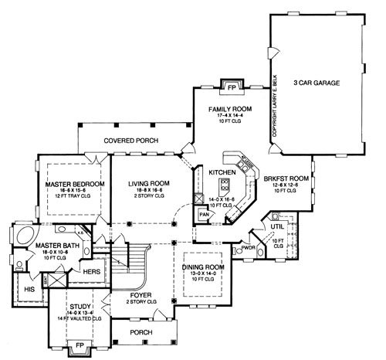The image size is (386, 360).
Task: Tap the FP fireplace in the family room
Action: [229, 85]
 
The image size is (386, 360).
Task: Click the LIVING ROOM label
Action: [148, 183]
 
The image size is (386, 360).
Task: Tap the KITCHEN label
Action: [222, 172]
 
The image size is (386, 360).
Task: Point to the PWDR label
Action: [249, 248]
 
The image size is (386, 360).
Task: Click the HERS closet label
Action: [91, 271]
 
